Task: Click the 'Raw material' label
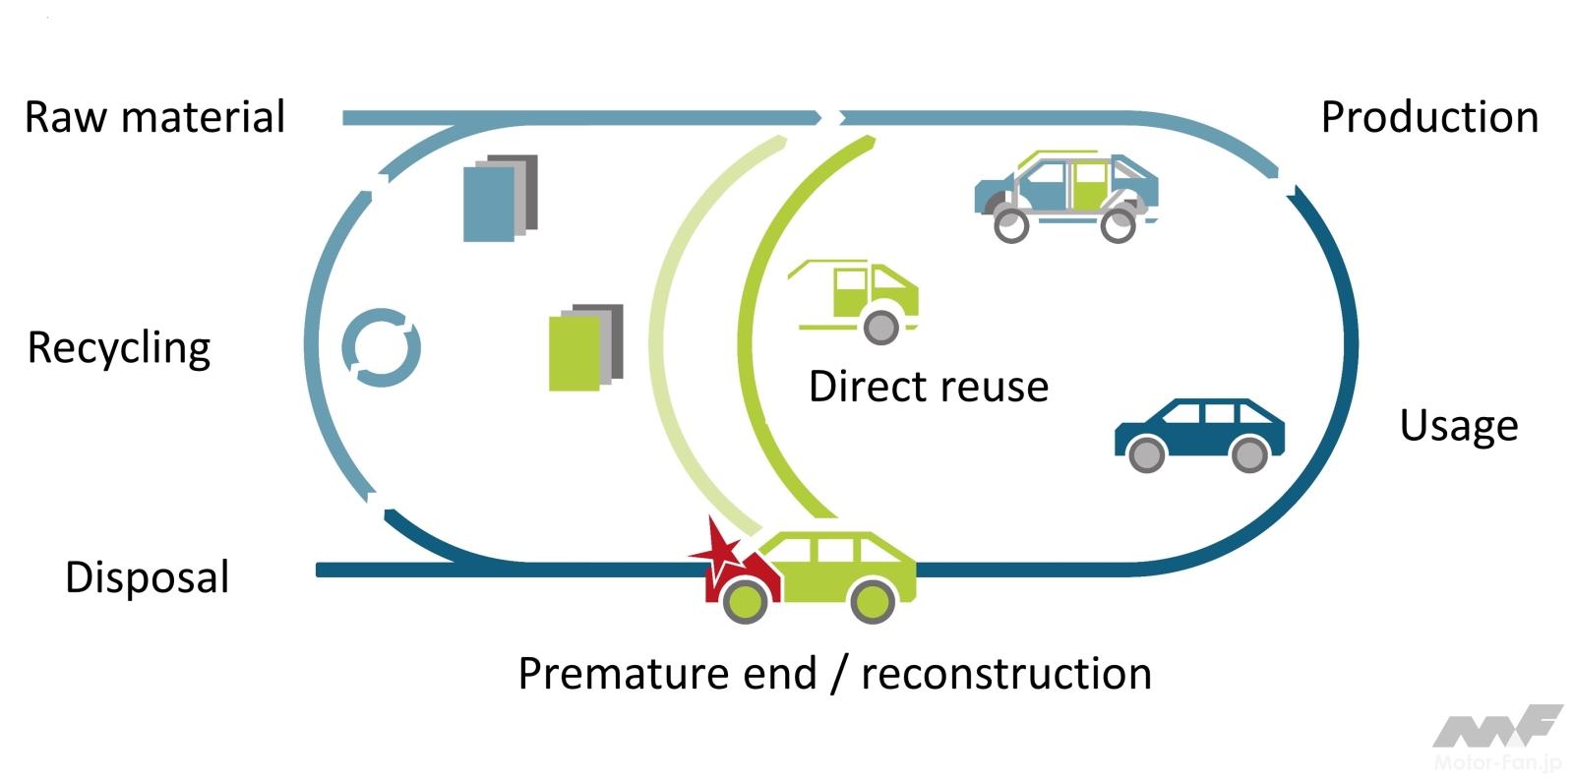coord(154,117)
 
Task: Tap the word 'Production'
coord(1428,117)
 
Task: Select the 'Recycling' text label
coord(119,348)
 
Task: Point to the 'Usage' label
coord(1458,426)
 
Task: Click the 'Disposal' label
coord(147,577)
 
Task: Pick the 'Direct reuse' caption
coord(928,387)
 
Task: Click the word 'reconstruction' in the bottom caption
coord(1005,675)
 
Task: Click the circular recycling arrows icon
coord(382,347)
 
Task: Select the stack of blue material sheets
coord(500,198)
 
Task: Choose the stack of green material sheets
coord(585,347)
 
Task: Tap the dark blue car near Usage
coord(1199,434)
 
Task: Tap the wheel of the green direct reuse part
coord(880,326)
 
